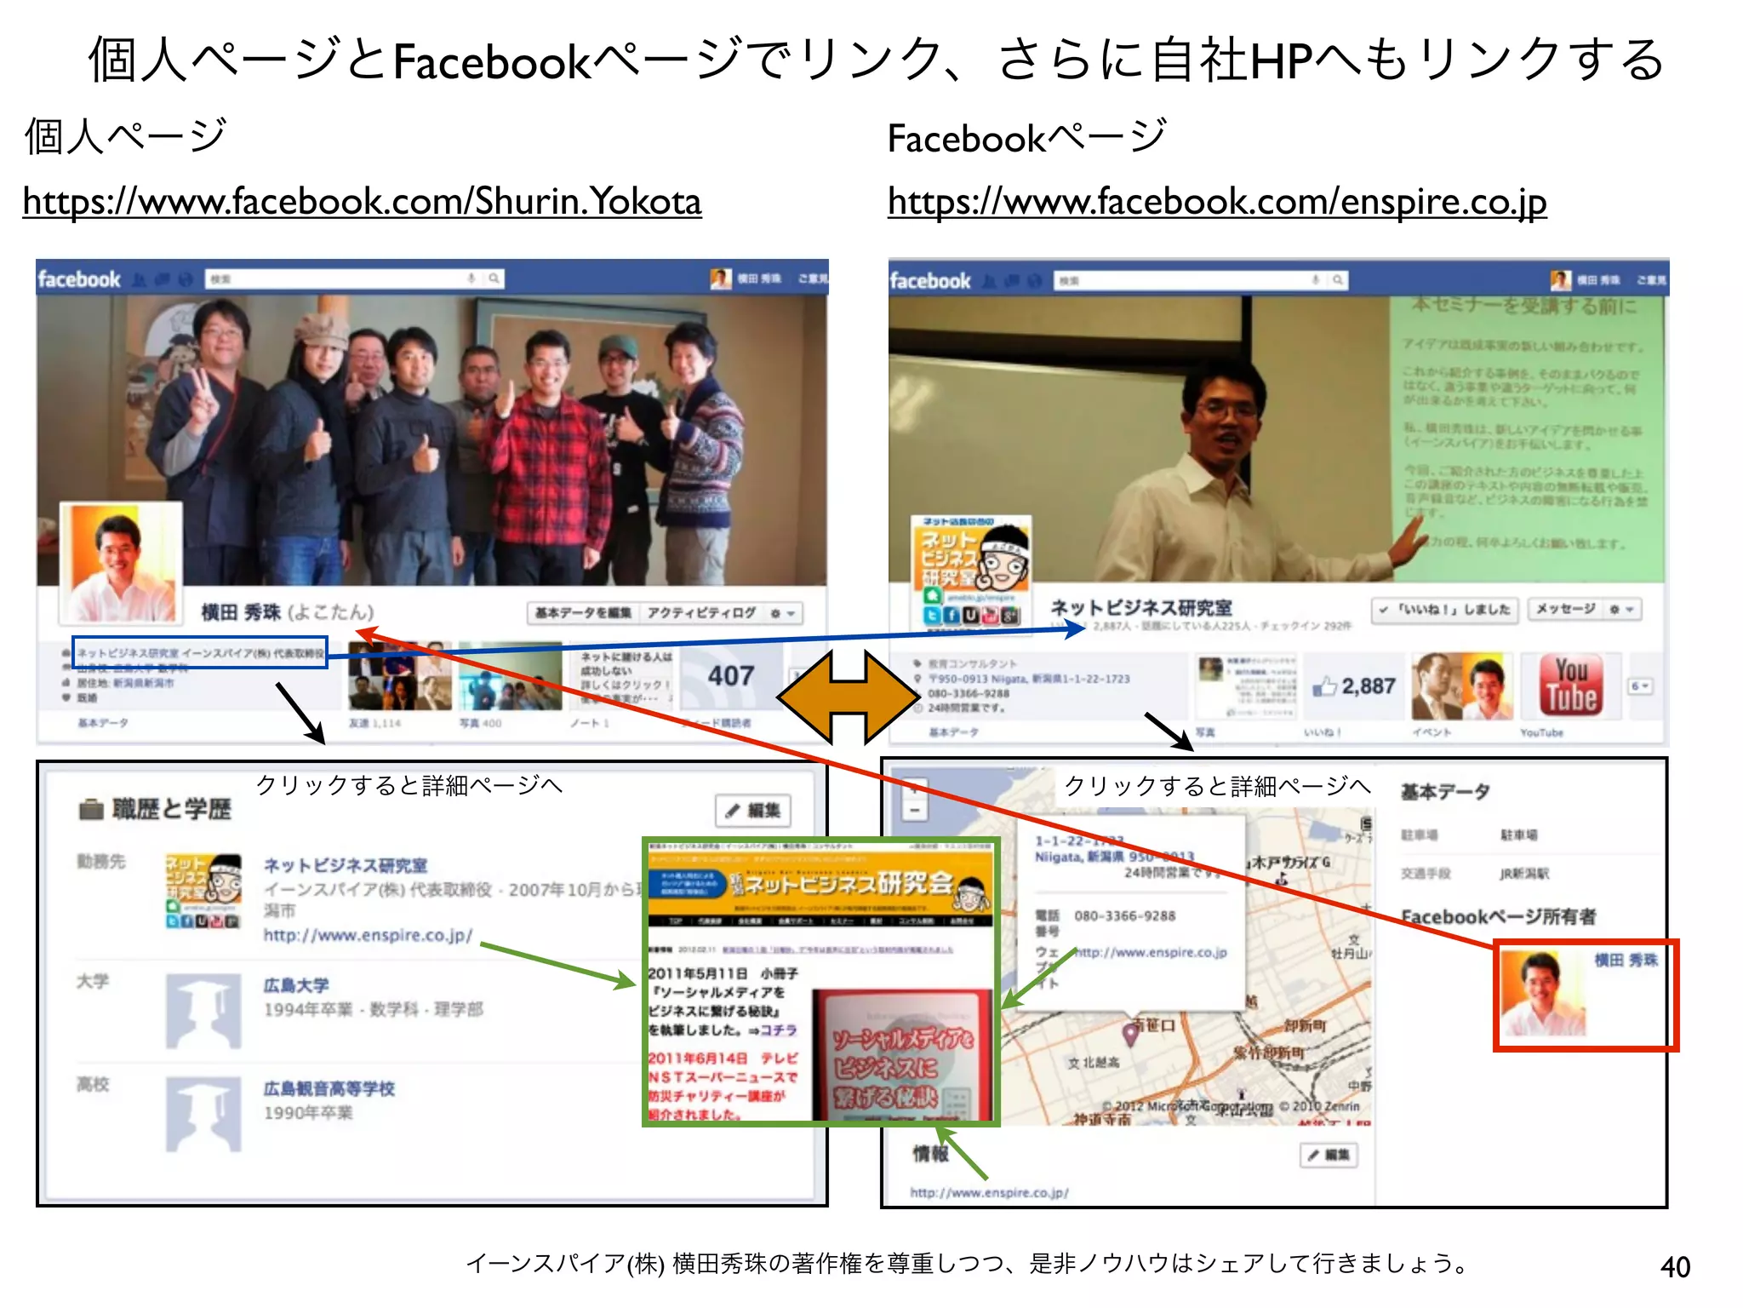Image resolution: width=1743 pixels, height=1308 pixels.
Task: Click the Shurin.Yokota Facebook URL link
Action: (362, 203)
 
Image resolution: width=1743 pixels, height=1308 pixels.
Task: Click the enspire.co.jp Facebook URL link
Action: (1216, 203)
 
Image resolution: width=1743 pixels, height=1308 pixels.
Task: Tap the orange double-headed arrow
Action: (848, 697)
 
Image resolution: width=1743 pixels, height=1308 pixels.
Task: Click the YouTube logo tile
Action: (1570, 686)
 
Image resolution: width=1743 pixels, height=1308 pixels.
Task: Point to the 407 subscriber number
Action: (731, 676)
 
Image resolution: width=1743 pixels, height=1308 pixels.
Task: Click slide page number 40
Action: (1674, 1267)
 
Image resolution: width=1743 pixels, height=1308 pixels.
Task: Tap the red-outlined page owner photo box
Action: (1585, 995)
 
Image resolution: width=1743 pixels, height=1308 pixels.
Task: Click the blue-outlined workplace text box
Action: (200, 653)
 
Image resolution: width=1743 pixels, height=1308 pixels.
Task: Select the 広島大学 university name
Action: (296, 985)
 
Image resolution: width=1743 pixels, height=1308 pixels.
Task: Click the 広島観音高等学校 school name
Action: (329, 1089)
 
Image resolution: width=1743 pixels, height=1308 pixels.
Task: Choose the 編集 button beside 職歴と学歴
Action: (753, 811)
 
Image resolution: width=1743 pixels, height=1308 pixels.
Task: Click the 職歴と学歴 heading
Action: (171, 809)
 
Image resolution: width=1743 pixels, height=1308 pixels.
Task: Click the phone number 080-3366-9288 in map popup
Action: (1124, 916)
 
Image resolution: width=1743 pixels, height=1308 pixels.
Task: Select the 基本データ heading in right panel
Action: (1445, 792)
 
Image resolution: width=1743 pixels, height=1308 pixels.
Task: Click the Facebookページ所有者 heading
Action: (1498, 917)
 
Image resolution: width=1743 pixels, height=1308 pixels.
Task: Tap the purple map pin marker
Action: (1131, 1034)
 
